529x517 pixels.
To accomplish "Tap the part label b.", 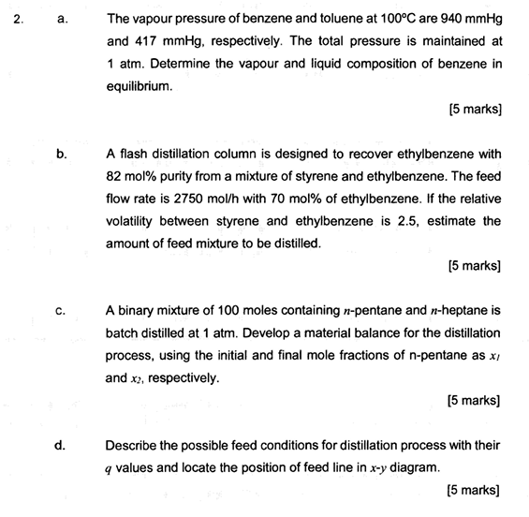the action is (62, 154).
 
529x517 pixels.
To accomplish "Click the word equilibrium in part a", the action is (140, 86).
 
